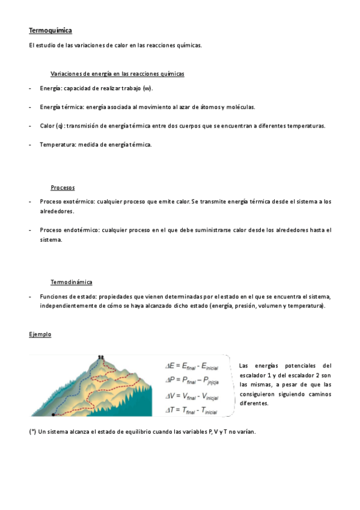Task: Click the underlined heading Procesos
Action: pos(63,188)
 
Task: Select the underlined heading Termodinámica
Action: pos(71,282)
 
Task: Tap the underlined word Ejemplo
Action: pos(40,334)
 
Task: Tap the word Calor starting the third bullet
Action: pos(47,126)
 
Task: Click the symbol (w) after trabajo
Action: pos(147,88)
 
